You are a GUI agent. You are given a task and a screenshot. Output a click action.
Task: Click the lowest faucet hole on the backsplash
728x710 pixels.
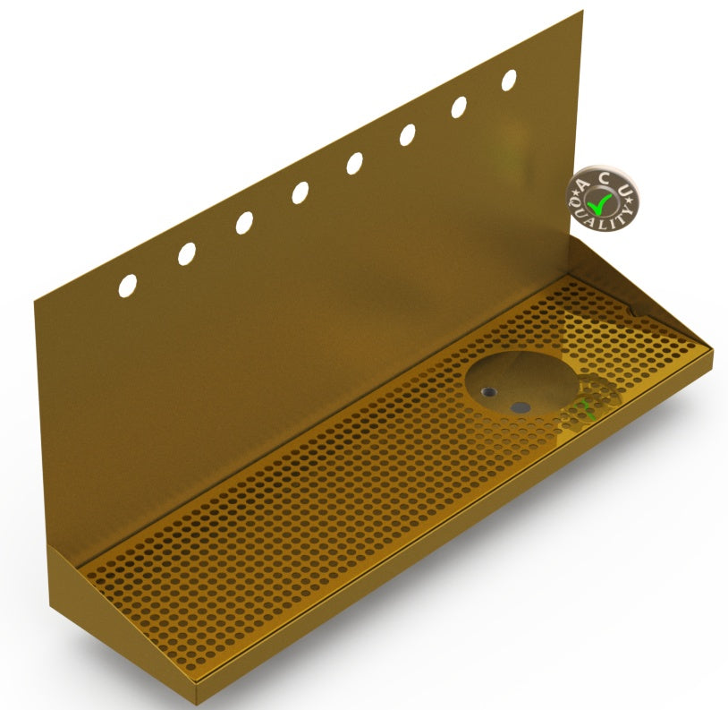(128, 285)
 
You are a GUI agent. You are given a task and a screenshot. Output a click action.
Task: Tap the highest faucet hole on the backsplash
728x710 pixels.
(509, 81)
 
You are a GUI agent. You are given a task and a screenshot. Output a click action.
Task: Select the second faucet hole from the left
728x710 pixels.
(187, 253)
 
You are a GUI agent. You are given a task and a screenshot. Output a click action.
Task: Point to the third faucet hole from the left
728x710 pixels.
(244, 223)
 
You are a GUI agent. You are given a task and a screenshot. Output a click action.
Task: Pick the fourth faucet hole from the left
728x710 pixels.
(301, 192)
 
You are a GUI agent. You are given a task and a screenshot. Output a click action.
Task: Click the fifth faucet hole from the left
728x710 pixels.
(355, 164)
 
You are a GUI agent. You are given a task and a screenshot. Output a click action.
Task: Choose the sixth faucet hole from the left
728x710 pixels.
(408, 135)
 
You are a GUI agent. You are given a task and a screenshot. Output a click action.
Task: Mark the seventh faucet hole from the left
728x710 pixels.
(459, 107)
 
